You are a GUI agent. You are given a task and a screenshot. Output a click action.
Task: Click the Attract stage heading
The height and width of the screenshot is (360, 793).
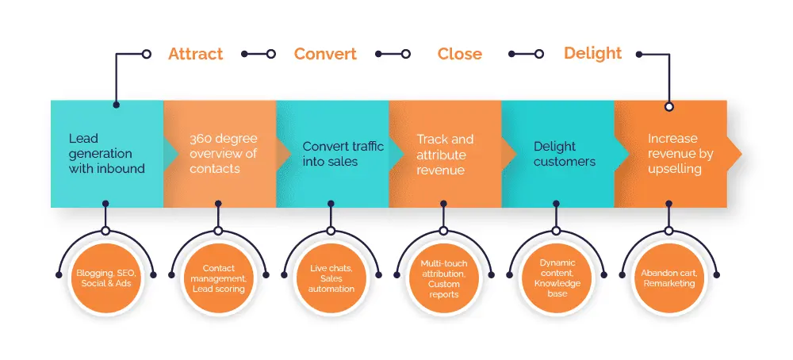click(x=195, y=54)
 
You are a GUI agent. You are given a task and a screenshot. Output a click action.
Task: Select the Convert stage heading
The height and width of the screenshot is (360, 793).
click(x=325, y=54)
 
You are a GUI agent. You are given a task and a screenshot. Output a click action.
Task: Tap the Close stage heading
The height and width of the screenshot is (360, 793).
click(x=459, y=54)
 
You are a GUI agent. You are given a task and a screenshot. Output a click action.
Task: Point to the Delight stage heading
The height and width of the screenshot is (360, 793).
click(x=592, y=54)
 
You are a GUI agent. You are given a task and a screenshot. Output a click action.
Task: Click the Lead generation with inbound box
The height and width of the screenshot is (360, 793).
click(x=107, y=154)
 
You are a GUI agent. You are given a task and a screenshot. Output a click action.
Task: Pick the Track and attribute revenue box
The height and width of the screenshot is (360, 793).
click(x=445, y=154)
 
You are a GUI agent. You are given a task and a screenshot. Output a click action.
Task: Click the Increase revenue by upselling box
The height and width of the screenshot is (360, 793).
click(x=678, y=154)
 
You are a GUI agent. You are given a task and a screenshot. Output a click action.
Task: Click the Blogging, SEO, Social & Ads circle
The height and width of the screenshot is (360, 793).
click(x=105, y=278)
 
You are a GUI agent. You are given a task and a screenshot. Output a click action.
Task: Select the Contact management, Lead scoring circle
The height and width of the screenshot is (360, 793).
click(x=218, y=278)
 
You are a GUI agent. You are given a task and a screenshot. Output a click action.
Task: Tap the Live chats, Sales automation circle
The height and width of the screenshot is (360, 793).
click(x=331, y=278)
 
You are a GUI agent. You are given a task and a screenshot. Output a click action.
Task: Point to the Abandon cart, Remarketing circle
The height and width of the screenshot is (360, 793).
click(x=668, y=278)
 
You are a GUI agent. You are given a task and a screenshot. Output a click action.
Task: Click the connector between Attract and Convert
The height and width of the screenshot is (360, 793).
click(x=258, y=54)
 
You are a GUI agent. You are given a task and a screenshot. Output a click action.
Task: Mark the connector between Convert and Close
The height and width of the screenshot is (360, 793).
click(x=392, y=54)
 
